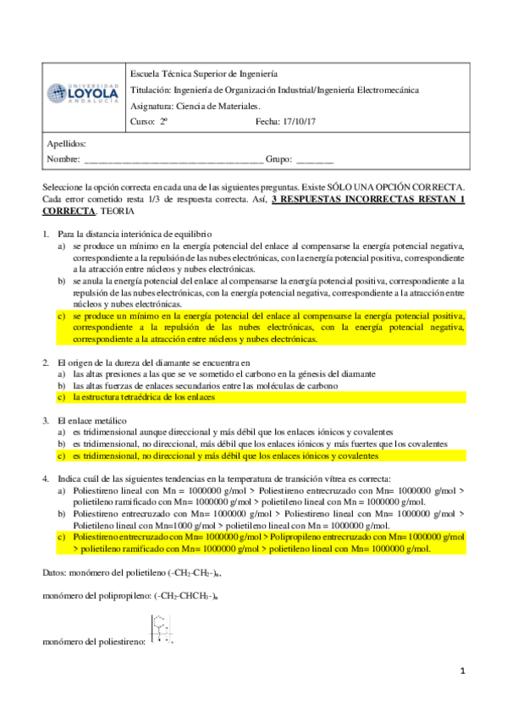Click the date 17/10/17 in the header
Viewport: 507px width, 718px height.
(297, 121)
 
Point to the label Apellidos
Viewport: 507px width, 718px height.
(67, 144)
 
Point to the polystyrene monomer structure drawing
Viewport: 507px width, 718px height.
(161, 629)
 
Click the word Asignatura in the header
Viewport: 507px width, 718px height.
(151, 106)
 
